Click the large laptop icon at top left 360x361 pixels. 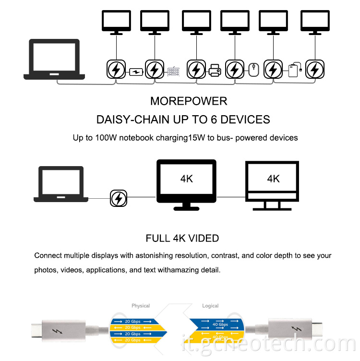[x=54, y=59]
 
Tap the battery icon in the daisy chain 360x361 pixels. [x=136, y=72]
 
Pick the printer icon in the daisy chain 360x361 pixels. [x=215, y=72]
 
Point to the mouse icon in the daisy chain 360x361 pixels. [x=254, y=70]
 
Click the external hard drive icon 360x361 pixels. [x=294, y=71]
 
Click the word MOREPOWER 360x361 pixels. [x=189, y=101]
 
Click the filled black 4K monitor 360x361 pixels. [x=187, y=184]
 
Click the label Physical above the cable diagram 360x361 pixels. [x=141, y=306]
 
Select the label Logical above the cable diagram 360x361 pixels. [x=210, y=306]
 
